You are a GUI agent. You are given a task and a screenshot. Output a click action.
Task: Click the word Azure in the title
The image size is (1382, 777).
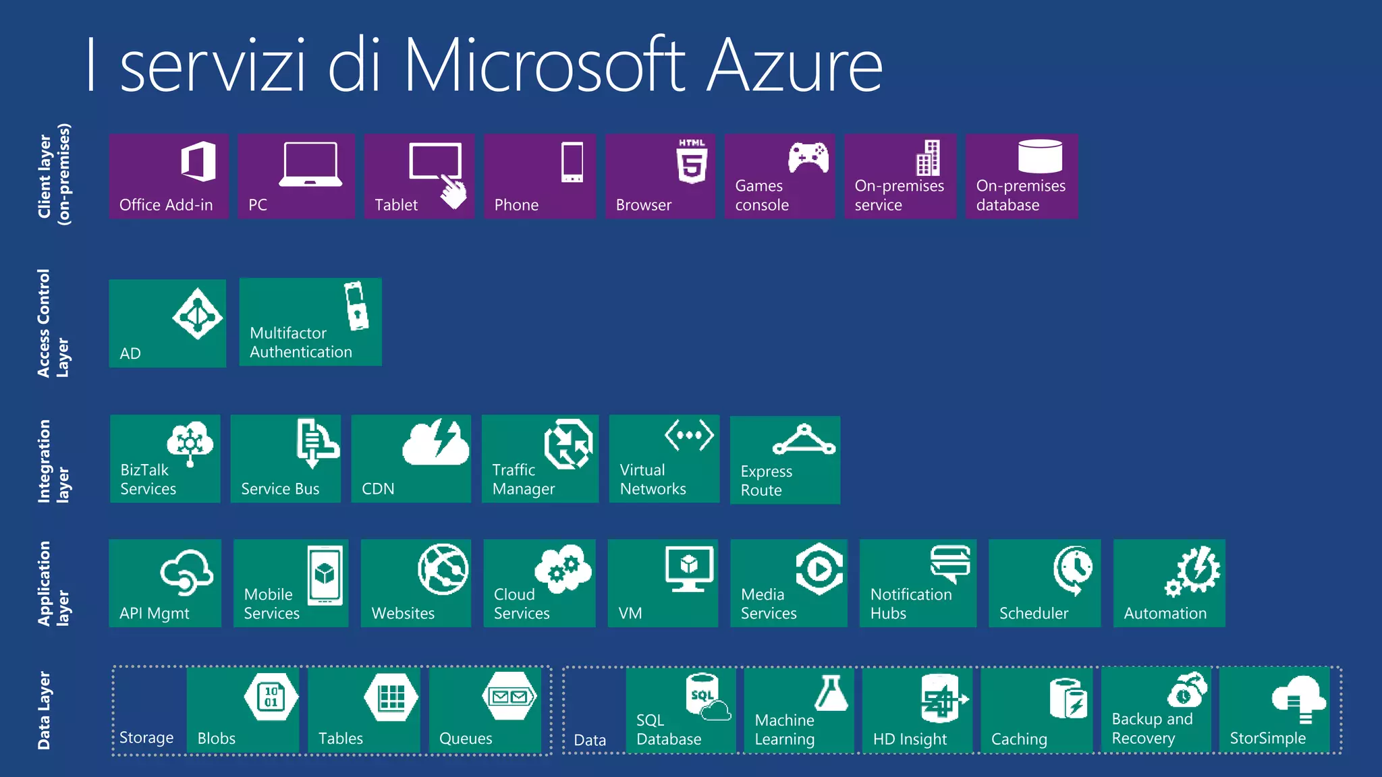[x=794, y=65]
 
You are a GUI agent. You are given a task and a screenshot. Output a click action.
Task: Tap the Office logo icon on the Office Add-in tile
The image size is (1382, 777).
[x=198, y=161]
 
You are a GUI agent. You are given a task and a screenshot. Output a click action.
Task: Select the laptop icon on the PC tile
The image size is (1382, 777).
[x=310, y=164]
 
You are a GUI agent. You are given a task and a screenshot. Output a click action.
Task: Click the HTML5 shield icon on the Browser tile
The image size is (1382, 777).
[x=692, y=162]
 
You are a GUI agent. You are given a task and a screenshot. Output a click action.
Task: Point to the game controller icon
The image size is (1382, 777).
[x=808, y=158]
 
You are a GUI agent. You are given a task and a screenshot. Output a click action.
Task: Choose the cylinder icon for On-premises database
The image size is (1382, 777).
[x=1040, y=156]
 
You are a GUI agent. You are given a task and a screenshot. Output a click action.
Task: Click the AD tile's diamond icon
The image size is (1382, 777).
[x=196, y=314]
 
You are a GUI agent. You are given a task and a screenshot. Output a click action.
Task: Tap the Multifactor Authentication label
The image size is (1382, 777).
[x=301, y=343]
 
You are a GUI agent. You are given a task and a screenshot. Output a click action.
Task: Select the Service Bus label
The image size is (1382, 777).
[x=280, y=489]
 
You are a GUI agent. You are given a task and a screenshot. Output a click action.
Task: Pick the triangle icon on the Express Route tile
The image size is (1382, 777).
[x=804, y=440]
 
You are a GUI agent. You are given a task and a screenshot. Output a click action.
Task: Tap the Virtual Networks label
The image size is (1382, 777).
[x=653, y=480]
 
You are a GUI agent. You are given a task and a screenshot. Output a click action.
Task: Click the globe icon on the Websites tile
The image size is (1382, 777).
[x=443, y=569]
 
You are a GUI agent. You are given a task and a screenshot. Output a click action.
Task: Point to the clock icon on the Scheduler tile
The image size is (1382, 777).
[x=1074, y=569]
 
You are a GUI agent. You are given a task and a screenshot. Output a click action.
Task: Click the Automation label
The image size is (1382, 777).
[x=1165, y=613]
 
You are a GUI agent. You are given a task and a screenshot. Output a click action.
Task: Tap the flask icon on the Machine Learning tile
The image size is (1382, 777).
[x=831, y=693]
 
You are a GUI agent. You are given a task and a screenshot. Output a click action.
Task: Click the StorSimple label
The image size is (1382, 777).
[x=1267, y=739]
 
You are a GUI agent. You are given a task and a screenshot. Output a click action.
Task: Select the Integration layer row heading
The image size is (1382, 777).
[x=53, y=461]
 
